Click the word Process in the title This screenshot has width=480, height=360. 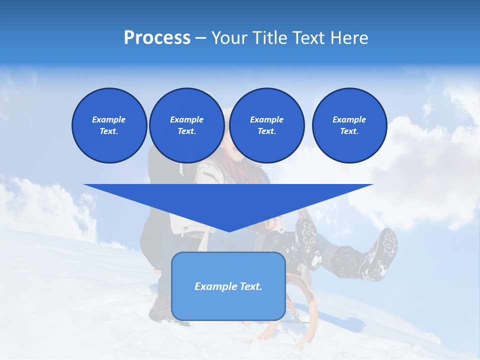(x=157, y=38)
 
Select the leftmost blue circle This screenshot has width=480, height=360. (x=109, y=125)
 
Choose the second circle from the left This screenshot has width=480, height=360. (x=186, y=125)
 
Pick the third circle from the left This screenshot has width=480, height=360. (x=266, y=125)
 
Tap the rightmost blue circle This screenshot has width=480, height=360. (x=349, y=125)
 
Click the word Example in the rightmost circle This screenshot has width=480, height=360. (x=349, y=119)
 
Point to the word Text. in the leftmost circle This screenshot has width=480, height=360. (x=109, y=131)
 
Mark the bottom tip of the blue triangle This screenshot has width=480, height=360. (x=228, y=231)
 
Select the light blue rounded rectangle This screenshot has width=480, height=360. (x=228, y=286)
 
